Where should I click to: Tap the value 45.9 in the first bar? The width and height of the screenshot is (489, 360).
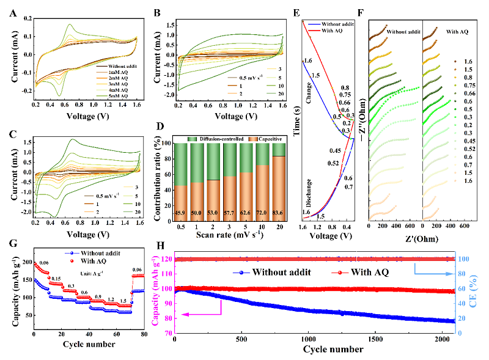point(181,211)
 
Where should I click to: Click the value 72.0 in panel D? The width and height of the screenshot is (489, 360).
point(262,211)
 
